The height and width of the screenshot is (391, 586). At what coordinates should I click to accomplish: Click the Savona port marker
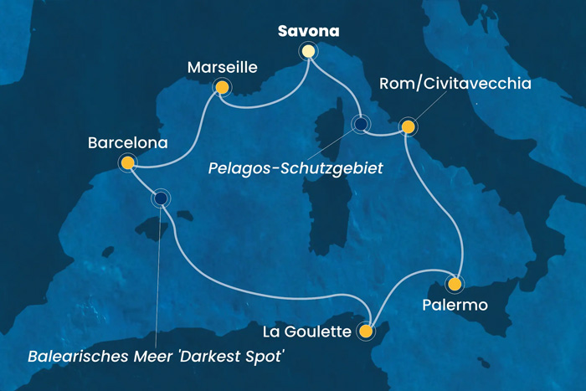(309, 52)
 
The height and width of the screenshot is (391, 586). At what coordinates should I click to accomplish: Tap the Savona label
(309, 32)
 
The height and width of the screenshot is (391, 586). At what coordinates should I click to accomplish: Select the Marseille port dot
(222, 86)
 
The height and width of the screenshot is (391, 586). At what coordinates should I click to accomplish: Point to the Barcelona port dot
(127, 163)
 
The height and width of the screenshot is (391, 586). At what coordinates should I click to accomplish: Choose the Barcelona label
(127, 143)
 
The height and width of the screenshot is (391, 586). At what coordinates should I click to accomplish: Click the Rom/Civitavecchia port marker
(408, 127)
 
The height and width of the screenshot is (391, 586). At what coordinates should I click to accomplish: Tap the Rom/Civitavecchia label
(455, 84)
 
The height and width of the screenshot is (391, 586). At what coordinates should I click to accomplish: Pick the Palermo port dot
(455, 283)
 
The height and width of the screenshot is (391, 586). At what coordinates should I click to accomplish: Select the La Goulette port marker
(365, 332)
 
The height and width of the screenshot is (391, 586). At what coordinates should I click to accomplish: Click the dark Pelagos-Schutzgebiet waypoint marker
(360, 125)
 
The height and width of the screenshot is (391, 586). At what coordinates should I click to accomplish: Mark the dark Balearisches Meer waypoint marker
(160, 198)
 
